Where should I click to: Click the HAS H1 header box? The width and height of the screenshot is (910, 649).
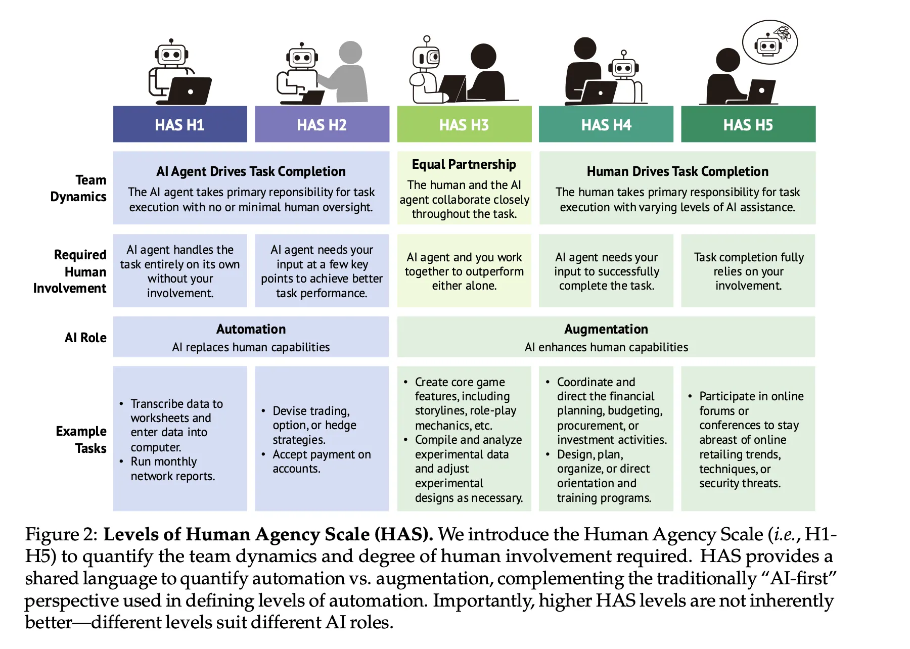click(x=180, y=124)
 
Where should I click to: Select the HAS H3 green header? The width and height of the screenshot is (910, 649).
click(x=464, y=124)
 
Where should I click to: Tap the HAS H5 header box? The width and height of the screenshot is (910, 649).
click(x=748, y=124)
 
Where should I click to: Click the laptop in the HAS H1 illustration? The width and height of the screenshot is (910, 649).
click(x=190, y=91)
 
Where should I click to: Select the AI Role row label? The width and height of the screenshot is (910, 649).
click(x=85, y=338)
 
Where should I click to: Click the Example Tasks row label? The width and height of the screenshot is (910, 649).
click(x=81, y=440)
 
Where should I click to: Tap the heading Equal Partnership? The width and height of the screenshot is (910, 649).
click(x=464, y=165)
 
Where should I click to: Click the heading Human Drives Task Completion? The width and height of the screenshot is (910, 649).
click(x=677, y=172)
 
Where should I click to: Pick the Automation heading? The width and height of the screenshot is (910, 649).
click(x=251, y=329)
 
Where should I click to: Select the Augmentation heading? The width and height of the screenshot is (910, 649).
click(x=606, y=329)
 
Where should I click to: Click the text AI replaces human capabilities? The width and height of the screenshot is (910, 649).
click(x=251, y=347)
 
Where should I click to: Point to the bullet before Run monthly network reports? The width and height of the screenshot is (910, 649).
click(x=121, y=461)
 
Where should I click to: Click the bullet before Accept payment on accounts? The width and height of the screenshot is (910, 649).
click(x=263, y=454)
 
